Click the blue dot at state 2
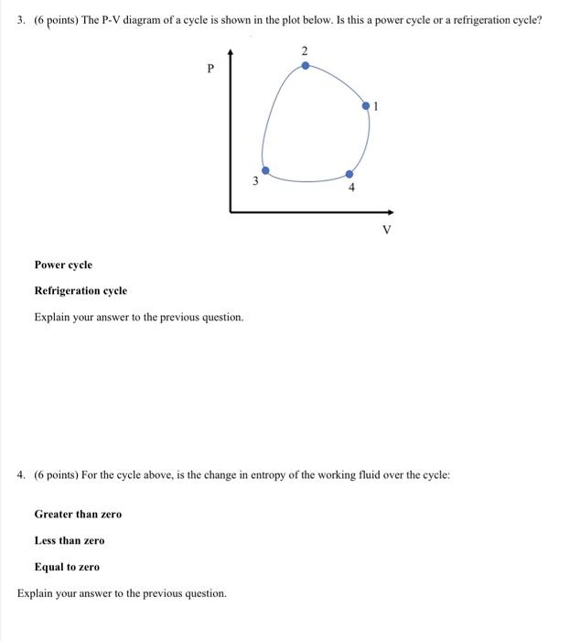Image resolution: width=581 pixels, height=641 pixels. pos(306,65)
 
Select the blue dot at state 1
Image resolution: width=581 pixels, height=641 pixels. pos(367,106)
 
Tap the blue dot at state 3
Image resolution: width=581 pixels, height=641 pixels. pos(266,170)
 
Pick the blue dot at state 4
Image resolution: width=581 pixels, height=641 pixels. pos(349,174)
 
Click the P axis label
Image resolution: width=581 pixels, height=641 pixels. pos(210,67)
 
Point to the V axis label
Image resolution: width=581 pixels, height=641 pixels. pos(386,229)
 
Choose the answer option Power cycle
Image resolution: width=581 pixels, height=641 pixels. pos(63,265)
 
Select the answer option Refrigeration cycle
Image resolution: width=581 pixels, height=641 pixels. pos(81,290)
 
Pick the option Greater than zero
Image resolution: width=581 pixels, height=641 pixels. pos(78,514)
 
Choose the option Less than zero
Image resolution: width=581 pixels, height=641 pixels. pos(70,540)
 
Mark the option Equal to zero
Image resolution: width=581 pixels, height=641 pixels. pos(67,567)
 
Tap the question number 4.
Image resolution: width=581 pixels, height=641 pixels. pos(22,475)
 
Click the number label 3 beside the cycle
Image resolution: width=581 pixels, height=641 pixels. pos(255,181)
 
